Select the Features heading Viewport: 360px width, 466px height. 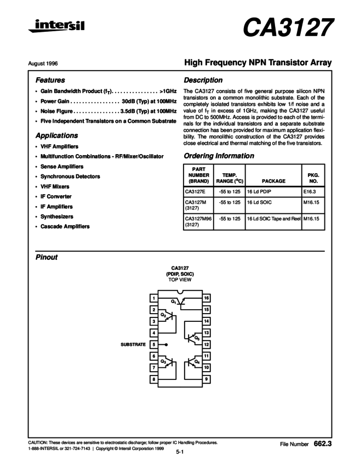[x=50, y=79]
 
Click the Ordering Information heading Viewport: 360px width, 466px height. [x=219, y=156]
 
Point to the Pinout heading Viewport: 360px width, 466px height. [x=47, y=257]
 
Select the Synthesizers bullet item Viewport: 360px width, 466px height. [x=60, y=217]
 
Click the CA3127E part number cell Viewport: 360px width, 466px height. [x=195, y=191]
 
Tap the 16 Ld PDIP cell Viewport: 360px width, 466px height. [x=259, y=191]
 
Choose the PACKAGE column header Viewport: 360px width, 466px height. [x=273, y=180]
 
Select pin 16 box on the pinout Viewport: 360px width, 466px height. [x=207, y=298]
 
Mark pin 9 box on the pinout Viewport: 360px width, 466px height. [x=207, y=379]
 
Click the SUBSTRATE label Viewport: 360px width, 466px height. [x=133, y=345]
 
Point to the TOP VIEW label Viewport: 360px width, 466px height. [x=180, y=279]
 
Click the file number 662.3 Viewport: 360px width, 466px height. [x=322, y=442]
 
